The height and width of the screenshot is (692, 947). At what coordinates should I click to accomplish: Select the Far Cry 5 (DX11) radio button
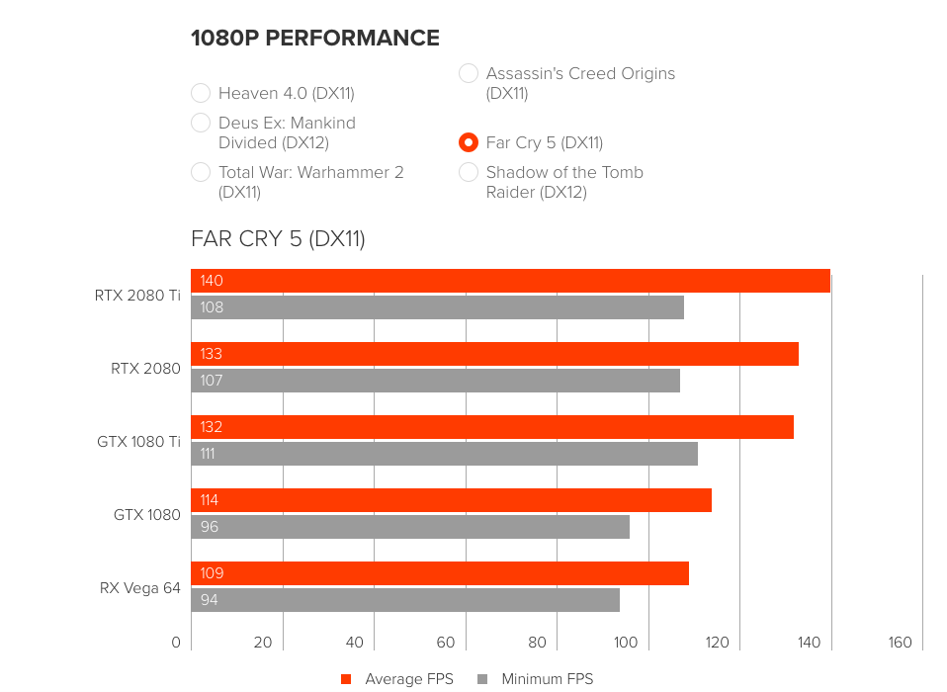[469, 142]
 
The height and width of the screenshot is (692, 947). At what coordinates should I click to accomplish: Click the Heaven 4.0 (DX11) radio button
[201, 93]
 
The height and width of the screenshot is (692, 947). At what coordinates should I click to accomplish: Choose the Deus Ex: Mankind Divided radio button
[201, 123]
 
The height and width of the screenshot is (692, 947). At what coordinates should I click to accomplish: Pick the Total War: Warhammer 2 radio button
[201, 172]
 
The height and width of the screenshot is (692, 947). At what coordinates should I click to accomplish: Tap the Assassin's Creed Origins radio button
[469, 73]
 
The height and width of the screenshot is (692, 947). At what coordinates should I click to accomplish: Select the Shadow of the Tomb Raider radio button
[469, 172]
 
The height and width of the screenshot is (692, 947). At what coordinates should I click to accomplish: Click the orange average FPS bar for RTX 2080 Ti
[510, 281]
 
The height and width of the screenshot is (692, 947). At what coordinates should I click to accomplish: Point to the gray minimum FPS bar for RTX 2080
[435, 381]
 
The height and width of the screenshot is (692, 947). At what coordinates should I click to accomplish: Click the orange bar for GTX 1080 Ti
[492, 427]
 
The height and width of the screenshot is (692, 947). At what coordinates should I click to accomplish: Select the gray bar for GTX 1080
[410, 527]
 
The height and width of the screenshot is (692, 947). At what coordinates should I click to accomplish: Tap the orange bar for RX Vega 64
[440, 573]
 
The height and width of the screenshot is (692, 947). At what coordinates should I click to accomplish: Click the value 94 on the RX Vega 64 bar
[210, 600]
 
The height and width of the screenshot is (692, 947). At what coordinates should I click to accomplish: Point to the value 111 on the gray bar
[208, 454]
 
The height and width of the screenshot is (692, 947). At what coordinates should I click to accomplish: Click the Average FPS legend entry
[397, 679]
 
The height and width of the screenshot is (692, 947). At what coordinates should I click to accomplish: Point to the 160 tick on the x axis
[900, 643]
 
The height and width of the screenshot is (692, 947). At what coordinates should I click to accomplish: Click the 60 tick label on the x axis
[445, 643]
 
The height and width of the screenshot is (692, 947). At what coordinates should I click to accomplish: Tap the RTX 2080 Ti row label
[137, 295]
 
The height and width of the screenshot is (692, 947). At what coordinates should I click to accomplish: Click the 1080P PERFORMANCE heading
[315, 39]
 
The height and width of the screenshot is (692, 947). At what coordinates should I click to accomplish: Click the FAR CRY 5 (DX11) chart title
[278, 238]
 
